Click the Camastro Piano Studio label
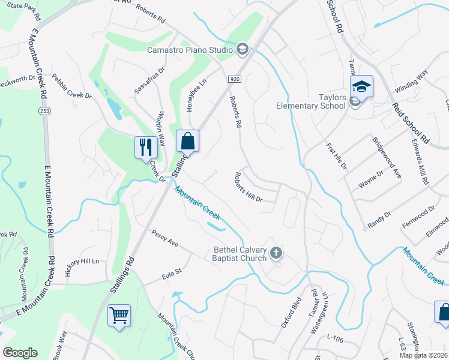(190, 49)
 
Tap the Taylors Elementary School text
(311, 101)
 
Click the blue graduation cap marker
(361, 86)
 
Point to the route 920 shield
(235, 79)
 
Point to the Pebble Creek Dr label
(71, 87)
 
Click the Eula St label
(171, 276)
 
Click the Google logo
(20, 353)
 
